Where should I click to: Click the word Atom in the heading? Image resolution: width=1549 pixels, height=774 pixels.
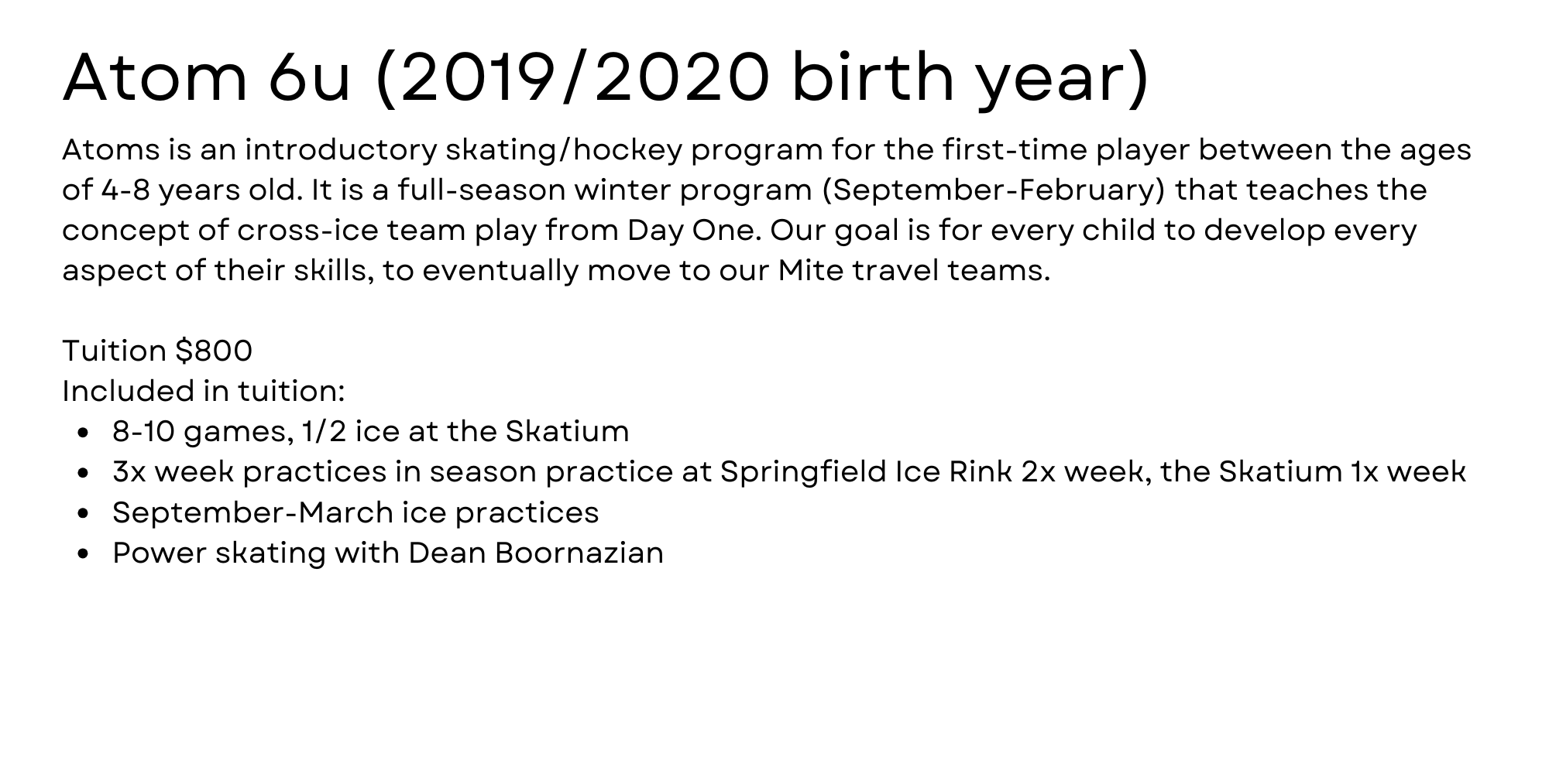click(154, 77)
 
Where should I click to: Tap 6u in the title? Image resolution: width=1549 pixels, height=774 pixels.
click(310, 77)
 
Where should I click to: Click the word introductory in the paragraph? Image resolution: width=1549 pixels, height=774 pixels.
click(342, 149)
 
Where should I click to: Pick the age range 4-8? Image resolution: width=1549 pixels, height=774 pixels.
click(125, 190)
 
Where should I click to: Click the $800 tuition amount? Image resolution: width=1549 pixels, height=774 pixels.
click(214, 351)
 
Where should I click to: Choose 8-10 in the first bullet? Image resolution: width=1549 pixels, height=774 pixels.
click(144, 431)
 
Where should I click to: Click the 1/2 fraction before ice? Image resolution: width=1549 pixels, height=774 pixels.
click(325, 431)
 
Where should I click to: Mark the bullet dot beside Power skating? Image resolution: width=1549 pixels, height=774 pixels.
click(84, 554)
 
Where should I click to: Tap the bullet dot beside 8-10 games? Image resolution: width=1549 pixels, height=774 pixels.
click(84, 433)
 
